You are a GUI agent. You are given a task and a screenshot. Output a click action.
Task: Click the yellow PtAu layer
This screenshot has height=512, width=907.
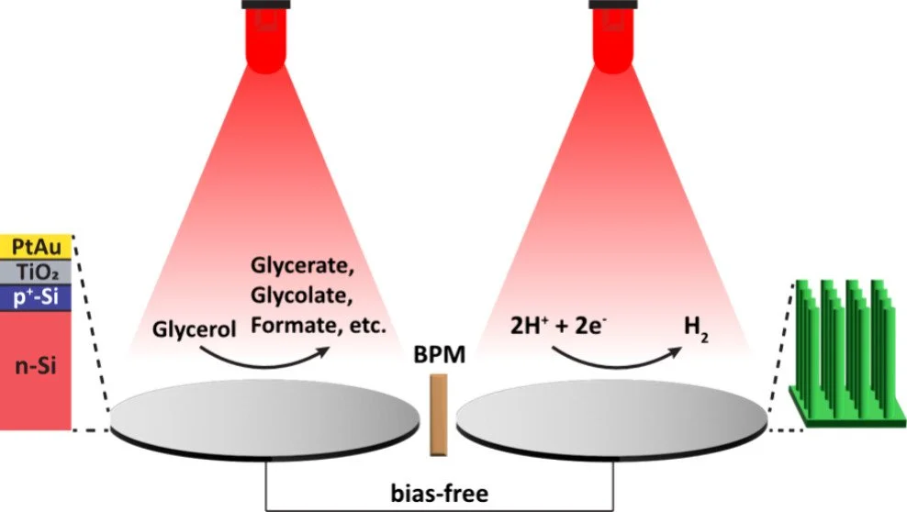coord(36,247)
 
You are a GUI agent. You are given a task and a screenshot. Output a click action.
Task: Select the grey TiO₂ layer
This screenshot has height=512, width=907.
coord(36,271)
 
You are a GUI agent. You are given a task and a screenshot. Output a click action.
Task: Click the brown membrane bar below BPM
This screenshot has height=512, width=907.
coord(439,413)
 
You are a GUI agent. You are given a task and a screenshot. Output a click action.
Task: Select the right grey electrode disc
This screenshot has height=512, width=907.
coord(610,417)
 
